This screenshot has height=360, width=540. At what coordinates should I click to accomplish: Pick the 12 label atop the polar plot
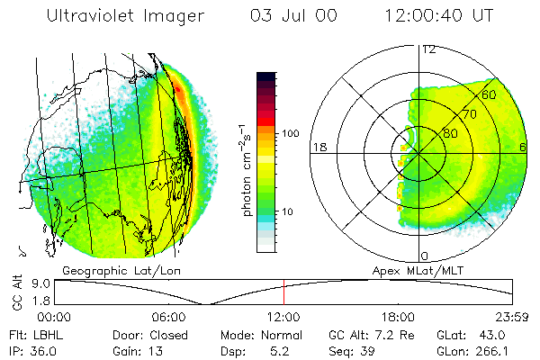tap(429, 49)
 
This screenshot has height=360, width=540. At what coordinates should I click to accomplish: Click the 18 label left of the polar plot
tap(318, 147)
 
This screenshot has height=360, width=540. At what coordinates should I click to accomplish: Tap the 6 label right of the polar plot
tap(523, 147)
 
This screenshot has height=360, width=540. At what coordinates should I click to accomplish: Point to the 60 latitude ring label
tap(490, 94)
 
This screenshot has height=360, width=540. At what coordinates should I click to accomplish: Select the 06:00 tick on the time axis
tap(168, 317)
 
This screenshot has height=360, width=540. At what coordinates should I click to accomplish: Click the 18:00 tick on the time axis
tap(398, 317)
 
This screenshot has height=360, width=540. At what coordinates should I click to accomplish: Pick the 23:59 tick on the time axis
tap(511, 317)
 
